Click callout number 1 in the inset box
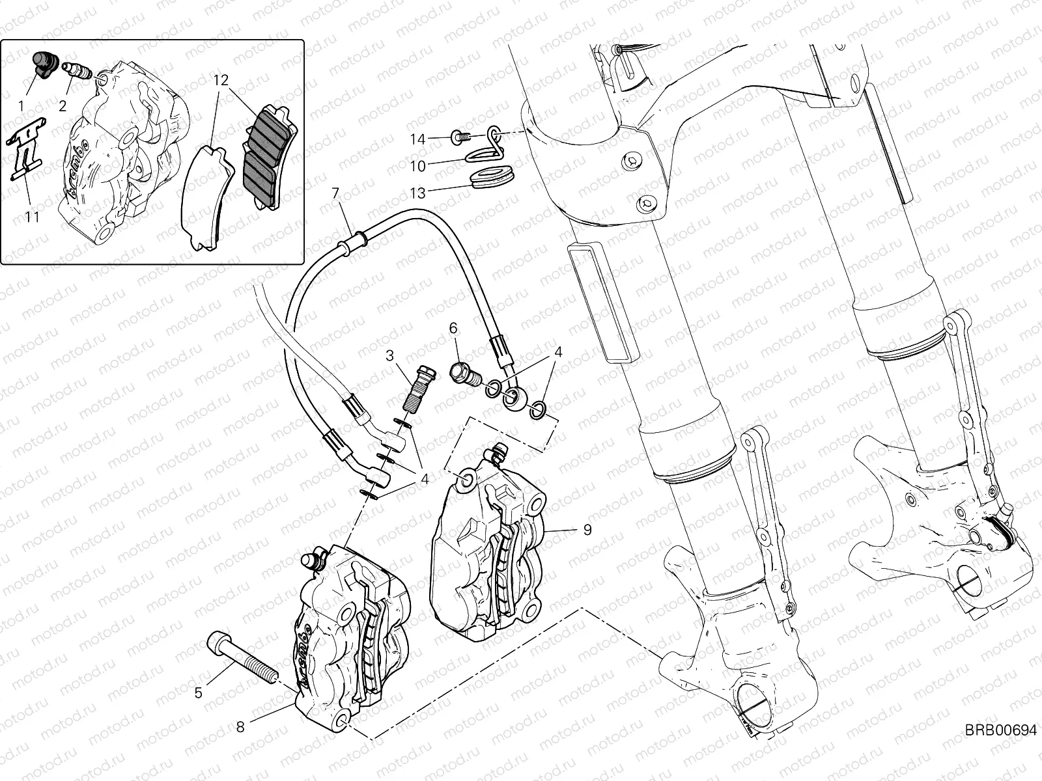pos(22,105)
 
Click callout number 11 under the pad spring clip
pos(32,217)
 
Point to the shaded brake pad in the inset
pos(267,156)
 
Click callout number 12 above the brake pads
pos(221,81)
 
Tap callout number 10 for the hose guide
pos(417,166)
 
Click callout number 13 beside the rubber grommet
pos(417,193)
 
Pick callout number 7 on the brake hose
pos(335,193)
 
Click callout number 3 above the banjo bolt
pos(389,355)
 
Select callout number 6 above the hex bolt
pos(453,329)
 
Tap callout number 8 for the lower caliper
pos(240,727)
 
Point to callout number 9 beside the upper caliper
pos(587,530)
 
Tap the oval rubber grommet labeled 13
pos(495,178)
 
